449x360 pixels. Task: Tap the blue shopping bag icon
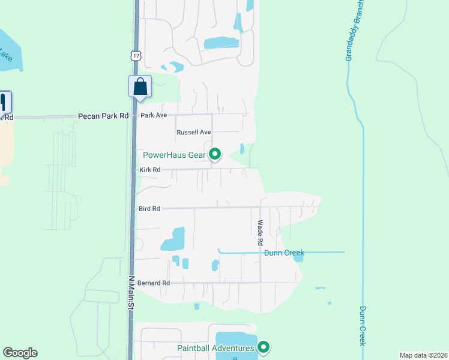tap(140, 86)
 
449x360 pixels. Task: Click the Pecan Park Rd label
tap(103, 116)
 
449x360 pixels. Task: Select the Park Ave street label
tap(154, 115)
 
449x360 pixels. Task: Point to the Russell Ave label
tap(193, 132)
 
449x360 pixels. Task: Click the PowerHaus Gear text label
tap(174, 155)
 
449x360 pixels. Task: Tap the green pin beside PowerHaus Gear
tap(215, 155)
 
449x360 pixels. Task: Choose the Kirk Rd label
tap(149, 170)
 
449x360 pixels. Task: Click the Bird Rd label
tap(149, 209)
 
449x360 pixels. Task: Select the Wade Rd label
tap(261, 233)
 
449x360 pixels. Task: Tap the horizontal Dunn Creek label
tap(285, 253)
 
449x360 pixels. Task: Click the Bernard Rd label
tap(154, 283)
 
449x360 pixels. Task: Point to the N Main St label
tap(131, 293)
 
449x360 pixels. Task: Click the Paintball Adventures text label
tap(215, 348)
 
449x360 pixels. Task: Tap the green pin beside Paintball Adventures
tap(263, 347)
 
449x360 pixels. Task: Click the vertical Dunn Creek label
tap(363, 326)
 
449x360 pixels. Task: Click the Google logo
tap(20, 353)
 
